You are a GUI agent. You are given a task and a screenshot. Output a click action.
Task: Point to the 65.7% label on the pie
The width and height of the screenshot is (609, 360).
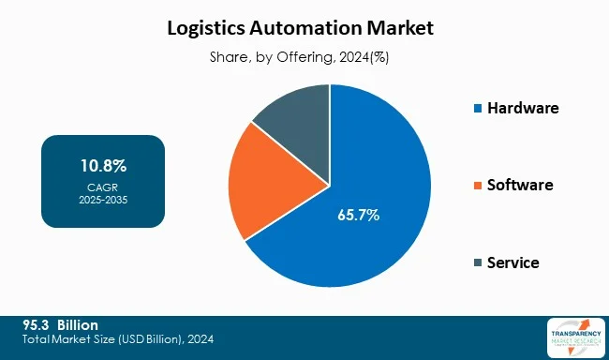point(358,216)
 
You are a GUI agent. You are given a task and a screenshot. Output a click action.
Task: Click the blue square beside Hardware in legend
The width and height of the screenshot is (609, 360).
point(478,109)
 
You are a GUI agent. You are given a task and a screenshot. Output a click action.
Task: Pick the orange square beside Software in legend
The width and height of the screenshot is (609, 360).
point(478,186)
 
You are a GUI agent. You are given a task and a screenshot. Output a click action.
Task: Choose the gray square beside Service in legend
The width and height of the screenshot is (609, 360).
point(478,262)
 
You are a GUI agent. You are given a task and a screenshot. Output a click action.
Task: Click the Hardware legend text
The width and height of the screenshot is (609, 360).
point(523,108)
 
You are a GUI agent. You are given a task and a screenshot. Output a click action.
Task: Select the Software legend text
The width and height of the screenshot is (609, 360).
point(520,185)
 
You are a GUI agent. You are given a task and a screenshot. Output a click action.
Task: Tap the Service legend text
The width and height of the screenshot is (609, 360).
point(513,262)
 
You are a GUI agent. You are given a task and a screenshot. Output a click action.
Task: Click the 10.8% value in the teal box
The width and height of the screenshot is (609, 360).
point(103,167)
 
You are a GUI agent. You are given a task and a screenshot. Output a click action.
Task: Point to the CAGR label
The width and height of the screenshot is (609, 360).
point(103,187)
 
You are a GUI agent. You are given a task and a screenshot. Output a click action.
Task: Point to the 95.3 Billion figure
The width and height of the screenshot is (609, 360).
point(60,324)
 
